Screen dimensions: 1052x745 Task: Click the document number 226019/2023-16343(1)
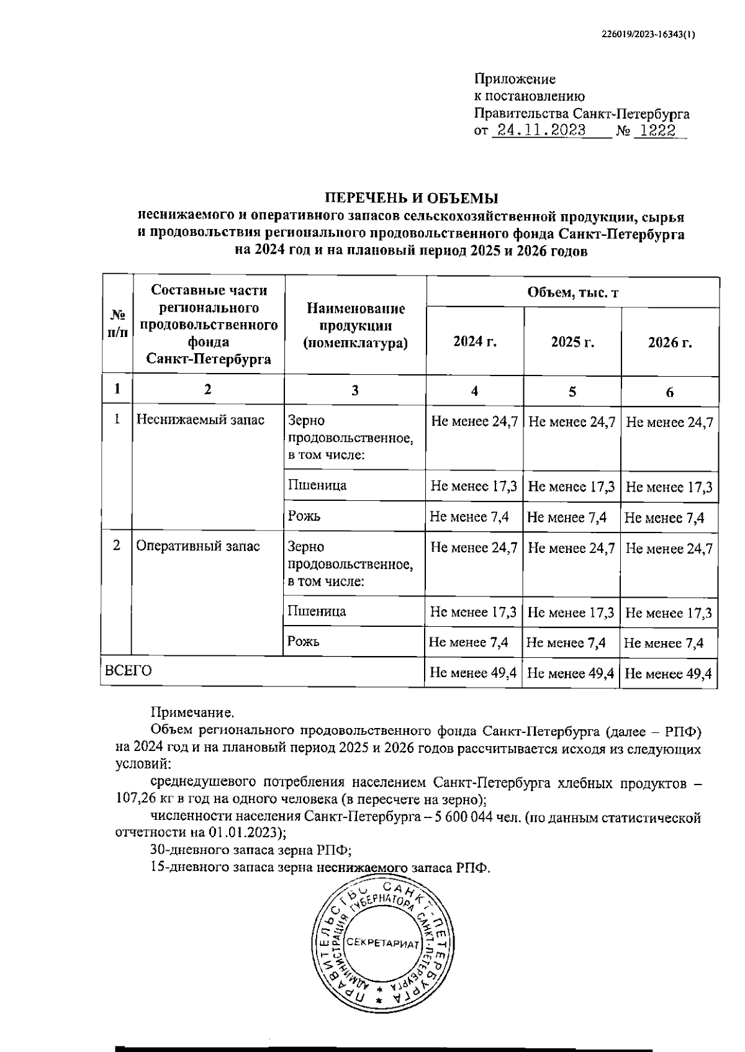pyautogui.click(x=649, y=35)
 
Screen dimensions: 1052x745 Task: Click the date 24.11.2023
pyautogui.click(x=538, y=132)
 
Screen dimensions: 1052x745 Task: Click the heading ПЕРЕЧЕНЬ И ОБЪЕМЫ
pyautogui.click(x=412, y=199)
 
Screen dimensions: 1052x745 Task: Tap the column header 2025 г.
pyautogui.click(x=572, y=343)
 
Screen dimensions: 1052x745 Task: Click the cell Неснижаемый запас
pyautogui.click(x=200, y=420)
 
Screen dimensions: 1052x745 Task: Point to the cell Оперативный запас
pyautogui.click(x=197, y=546)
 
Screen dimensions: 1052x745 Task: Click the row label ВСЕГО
pyautogui.click(x=129, y=671)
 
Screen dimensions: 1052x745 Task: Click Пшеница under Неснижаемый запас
pyautogui.click(x=317, y=485)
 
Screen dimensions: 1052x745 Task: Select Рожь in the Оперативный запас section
pyautogui.click(x=304, y=642)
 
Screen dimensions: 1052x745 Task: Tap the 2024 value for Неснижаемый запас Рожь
pyautogui.click(x=469, y=518)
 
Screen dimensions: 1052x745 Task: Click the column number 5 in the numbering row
pyautogui.click(x=572, y=392)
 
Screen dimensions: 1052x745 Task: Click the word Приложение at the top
pyautogui.click(x=515, y=79)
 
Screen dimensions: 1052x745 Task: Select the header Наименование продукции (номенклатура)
pyautogui.click(x=355, y=326)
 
